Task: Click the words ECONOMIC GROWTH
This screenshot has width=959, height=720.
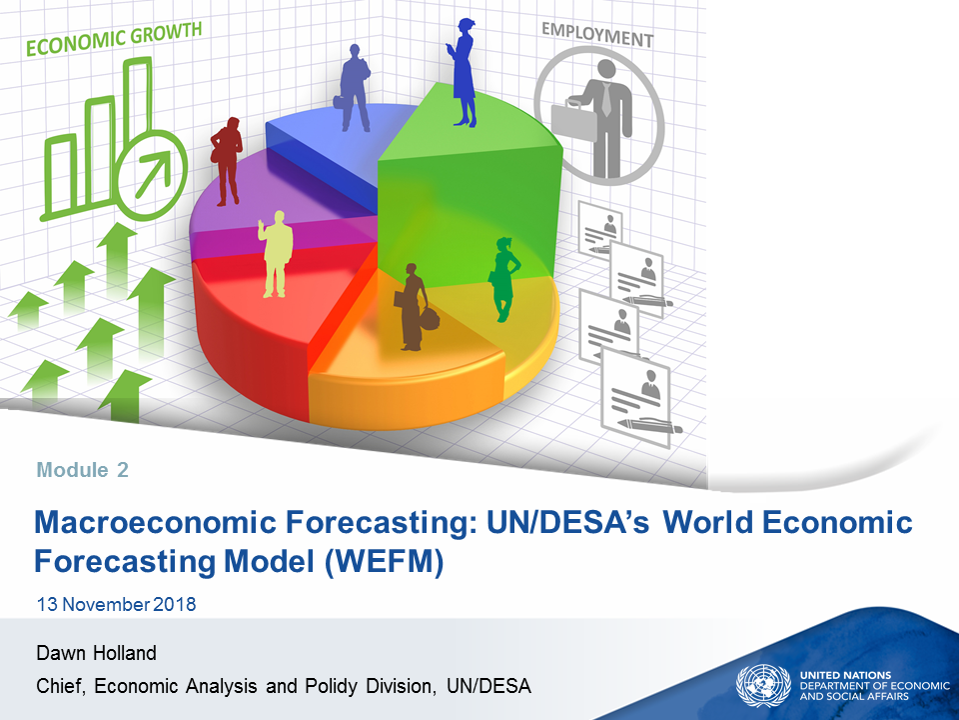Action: click(x=114, y=38)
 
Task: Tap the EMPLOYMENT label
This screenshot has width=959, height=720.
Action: click(x=597, y=35)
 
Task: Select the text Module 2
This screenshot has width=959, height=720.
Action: click(x=83, y=470)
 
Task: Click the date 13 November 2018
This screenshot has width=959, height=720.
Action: click(x=116, y=604)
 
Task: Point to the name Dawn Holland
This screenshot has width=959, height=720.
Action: click(x=97, y=653)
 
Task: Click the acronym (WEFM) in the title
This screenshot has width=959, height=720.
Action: click(x=384, y=561)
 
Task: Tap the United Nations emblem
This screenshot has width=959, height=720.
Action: click(x=763, y=686)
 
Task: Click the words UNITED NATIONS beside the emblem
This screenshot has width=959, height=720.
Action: click(x=845, y=675)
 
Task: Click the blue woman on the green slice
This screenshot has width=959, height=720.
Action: click(x=464, y=72)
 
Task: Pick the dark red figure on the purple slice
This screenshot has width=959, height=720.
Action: click(x=227, y=161)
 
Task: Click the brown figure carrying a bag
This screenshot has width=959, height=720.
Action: click(x=416, y=307)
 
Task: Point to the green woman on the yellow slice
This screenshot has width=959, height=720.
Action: click(x=503, y=279)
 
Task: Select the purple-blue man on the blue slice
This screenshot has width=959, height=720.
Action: click(x=354, y=88)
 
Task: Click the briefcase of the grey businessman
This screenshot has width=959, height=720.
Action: click(x=572, y=121)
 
